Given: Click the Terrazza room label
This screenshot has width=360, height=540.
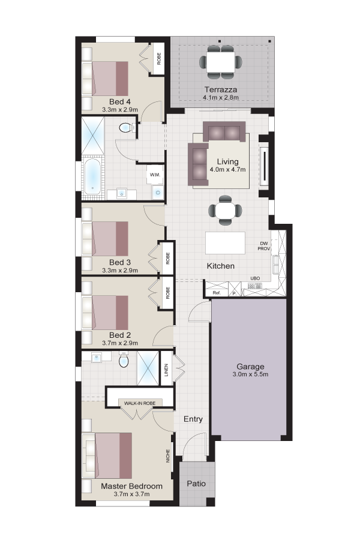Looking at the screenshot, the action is click(x=220, y=90).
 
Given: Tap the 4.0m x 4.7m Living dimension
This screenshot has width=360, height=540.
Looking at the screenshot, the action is click(x=228, y=169).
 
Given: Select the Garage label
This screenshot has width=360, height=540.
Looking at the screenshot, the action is click(x=250, y=367).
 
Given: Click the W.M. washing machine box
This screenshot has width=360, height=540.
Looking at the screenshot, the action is click(x=155, y=175).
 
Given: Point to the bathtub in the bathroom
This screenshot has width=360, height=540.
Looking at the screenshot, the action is click(x=92, y=176).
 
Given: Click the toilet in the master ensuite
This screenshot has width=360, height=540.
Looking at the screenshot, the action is click(x=124, y=360).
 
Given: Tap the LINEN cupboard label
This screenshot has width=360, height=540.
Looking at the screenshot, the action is click(x=166, y=370).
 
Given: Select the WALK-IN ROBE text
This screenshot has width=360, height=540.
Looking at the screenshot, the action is click(x=140, y=403).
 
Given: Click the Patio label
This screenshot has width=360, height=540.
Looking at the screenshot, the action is click(x=196, y=484).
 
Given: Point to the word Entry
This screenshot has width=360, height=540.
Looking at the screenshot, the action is click(x=193, y=419).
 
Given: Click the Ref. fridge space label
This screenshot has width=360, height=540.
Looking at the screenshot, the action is click(x=217, y=293).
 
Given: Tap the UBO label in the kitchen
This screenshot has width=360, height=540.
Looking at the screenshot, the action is click(x=255, y=278).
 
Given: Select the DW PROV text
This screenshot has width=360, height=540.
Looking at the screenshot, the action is click(x=264, y=246).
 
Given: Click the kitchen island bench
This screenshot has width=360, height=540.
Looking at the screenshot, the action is click(x=226, y=243).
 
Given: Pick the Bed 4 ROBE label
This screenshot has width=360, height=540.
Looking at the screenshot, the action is click(x=159, y=59).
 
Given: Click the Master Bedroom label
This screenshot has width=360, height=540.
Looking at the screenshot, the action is click(x=131, y=486).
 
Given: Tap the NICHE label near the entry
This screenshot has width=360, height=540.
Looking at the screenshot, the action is click(x=168, y=455).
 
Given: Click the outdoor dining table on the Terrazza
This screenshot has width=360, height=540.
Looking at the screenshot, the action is click(x=221, y=62).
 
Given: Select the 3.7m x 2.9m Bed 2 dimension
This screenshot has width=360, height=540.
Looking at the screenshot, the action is click(x=120, y=343).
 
